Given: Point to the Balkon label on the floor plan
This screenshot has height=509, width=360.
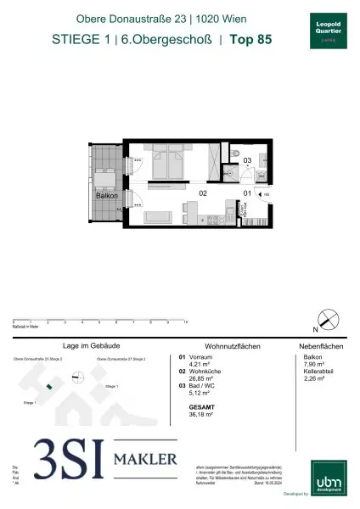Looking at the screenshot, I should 105,195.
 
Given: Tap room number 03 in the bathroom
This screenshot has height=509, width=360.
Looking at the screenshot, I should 248,159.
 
